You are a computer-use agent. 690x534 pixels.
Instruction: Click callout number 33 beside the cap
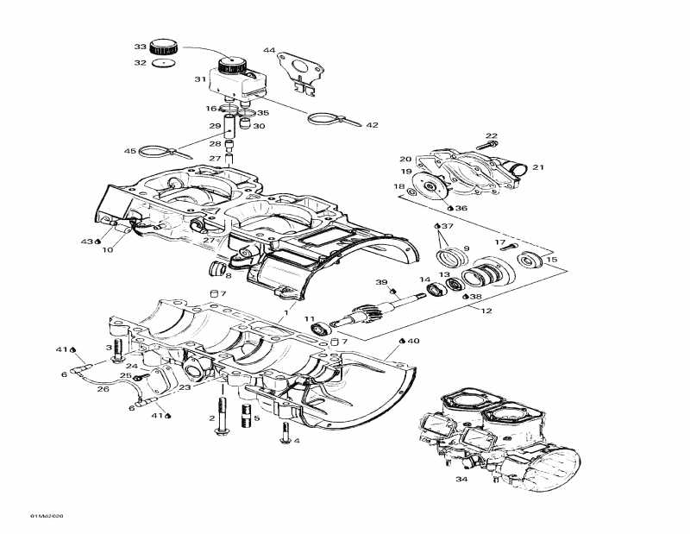(x=140, y=46)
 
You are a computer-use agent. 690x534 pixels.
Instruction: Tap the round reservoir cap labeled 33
(x=163, y=46)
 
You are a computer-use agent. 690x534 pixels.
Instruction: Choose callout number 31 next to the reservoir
(x=199, y=79)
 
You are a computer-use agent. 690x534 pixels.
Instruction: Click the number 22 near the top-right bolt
(x=492, y=135)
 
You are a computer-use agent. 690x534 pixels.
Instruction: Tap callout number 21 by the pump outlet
(x=538, y=167)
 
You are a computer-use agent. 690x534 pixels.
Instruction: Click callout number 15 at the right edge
(x=552, y=259)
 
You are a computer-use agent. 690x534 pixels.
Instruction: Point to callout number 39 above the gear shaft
(x=380, y=282)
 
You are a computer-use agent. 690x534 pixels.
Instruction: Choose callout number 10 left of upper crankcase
(x=107, y=250)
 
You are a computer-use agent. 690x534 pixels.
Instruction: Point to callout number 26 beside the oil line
(x=103, y=389)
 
